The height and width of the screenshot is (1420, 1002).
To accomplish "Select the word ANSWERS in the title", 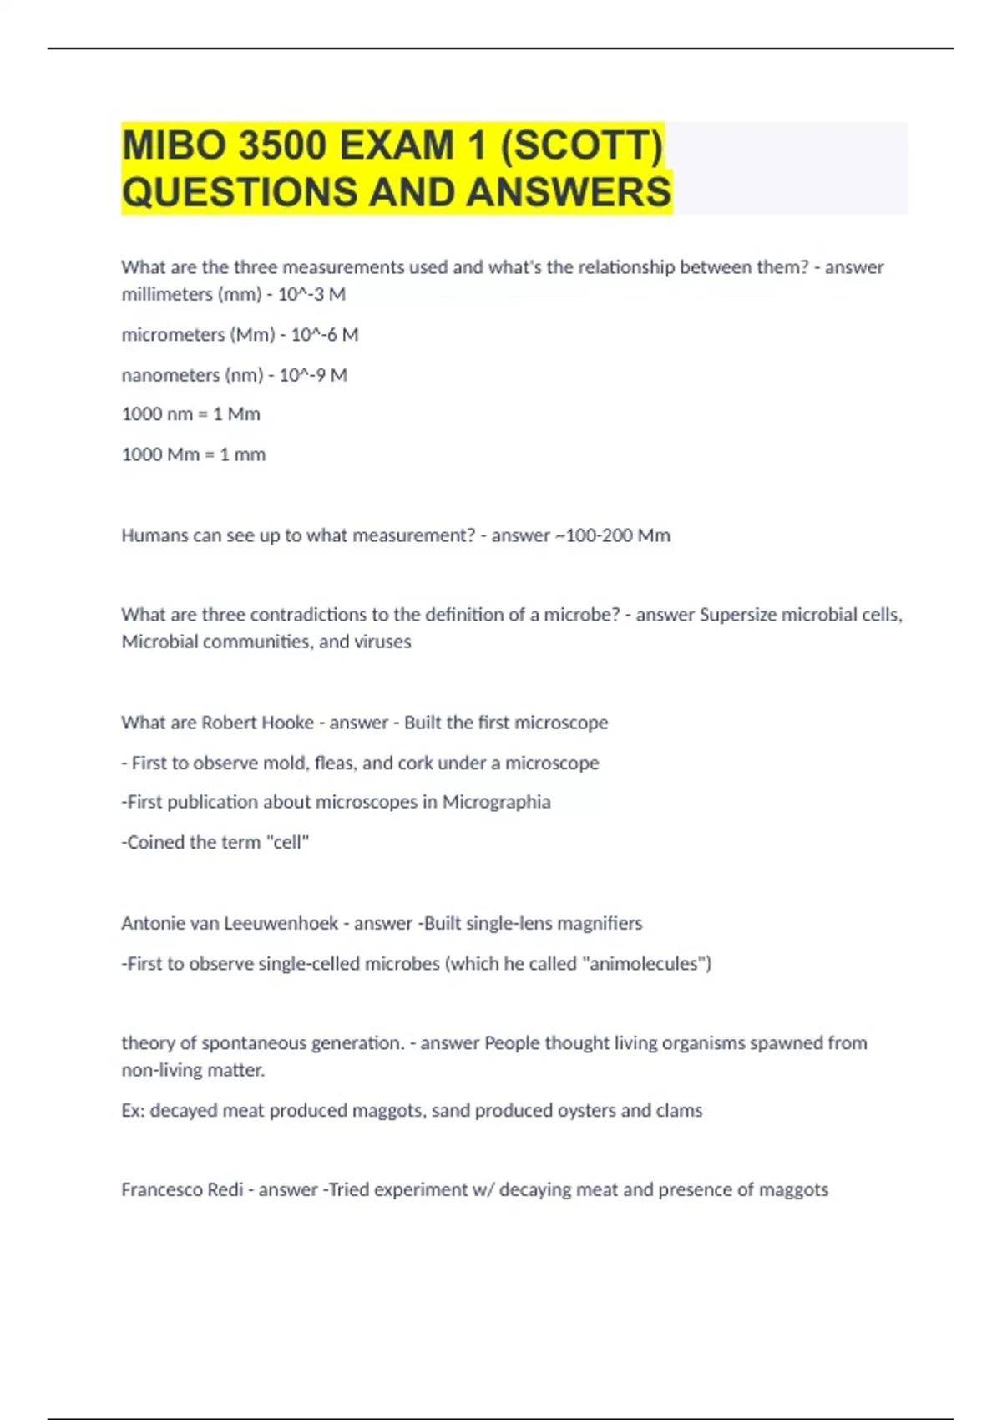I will [568, 192].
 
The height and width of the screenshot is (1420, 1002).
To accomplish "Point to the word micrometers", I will [173, 335].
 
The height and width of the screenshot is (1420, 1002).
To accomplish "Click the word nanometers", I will [170, 375].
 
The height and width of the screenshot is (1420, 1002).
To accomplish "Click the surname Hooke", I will [288, 723].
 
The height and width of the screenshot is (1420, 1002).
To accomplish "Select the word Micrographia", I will [496, 802].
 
